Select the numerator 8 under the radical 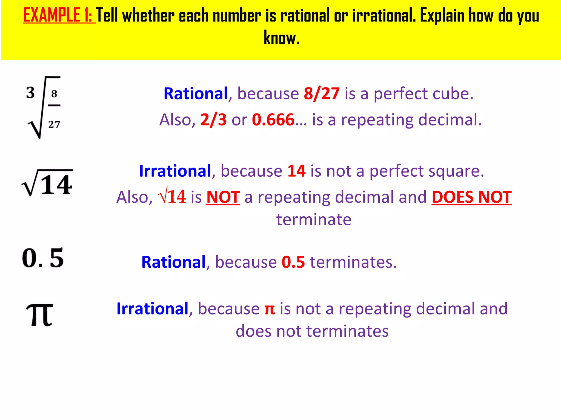[x=54, y=94]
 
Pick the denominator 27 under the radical [x=54, y=124]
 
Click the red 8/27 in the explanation [x=322, y=94]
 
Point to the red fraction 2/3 [x=213, y=120]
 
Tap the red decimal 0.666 [x=273, y=120]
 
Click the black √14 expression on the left [x=47, y=183]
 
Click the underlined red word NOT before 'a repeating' [x=223, y=197]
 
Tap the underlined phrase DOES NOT [x=471, y=197]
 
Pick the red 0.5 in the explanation [x=293, y=262]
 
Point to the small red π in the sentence [x=270, y=309]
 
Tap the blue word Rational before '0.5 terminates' [x=173, y=262]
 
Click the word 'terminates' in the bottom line [x=347, y=331]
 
